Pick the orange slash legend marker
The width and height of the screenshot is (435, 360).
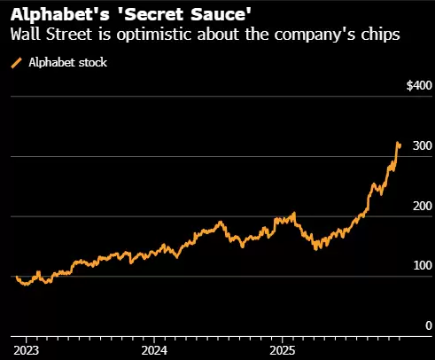[x=15, y=64]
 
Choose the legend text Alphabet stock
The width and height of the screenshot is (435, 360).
[x=67, y=64]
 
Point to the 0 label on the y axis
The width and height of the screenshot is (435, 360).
[x=427, y=325]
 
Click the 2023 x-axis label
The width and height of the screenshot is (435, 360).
[x=25, y=349]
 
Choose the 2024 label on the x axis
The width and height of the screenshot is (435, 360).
[x=153, y=349]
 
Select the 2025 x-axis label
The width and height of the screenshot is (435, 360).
[x=282, y=349]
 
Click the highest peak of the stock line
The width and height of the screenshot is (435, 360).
[x=398, y=142]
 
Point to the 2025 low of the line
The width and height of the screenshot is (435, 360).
[x=316, y=247]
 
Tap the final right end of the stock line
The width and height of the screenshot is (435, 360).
[x=400, y=145]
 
